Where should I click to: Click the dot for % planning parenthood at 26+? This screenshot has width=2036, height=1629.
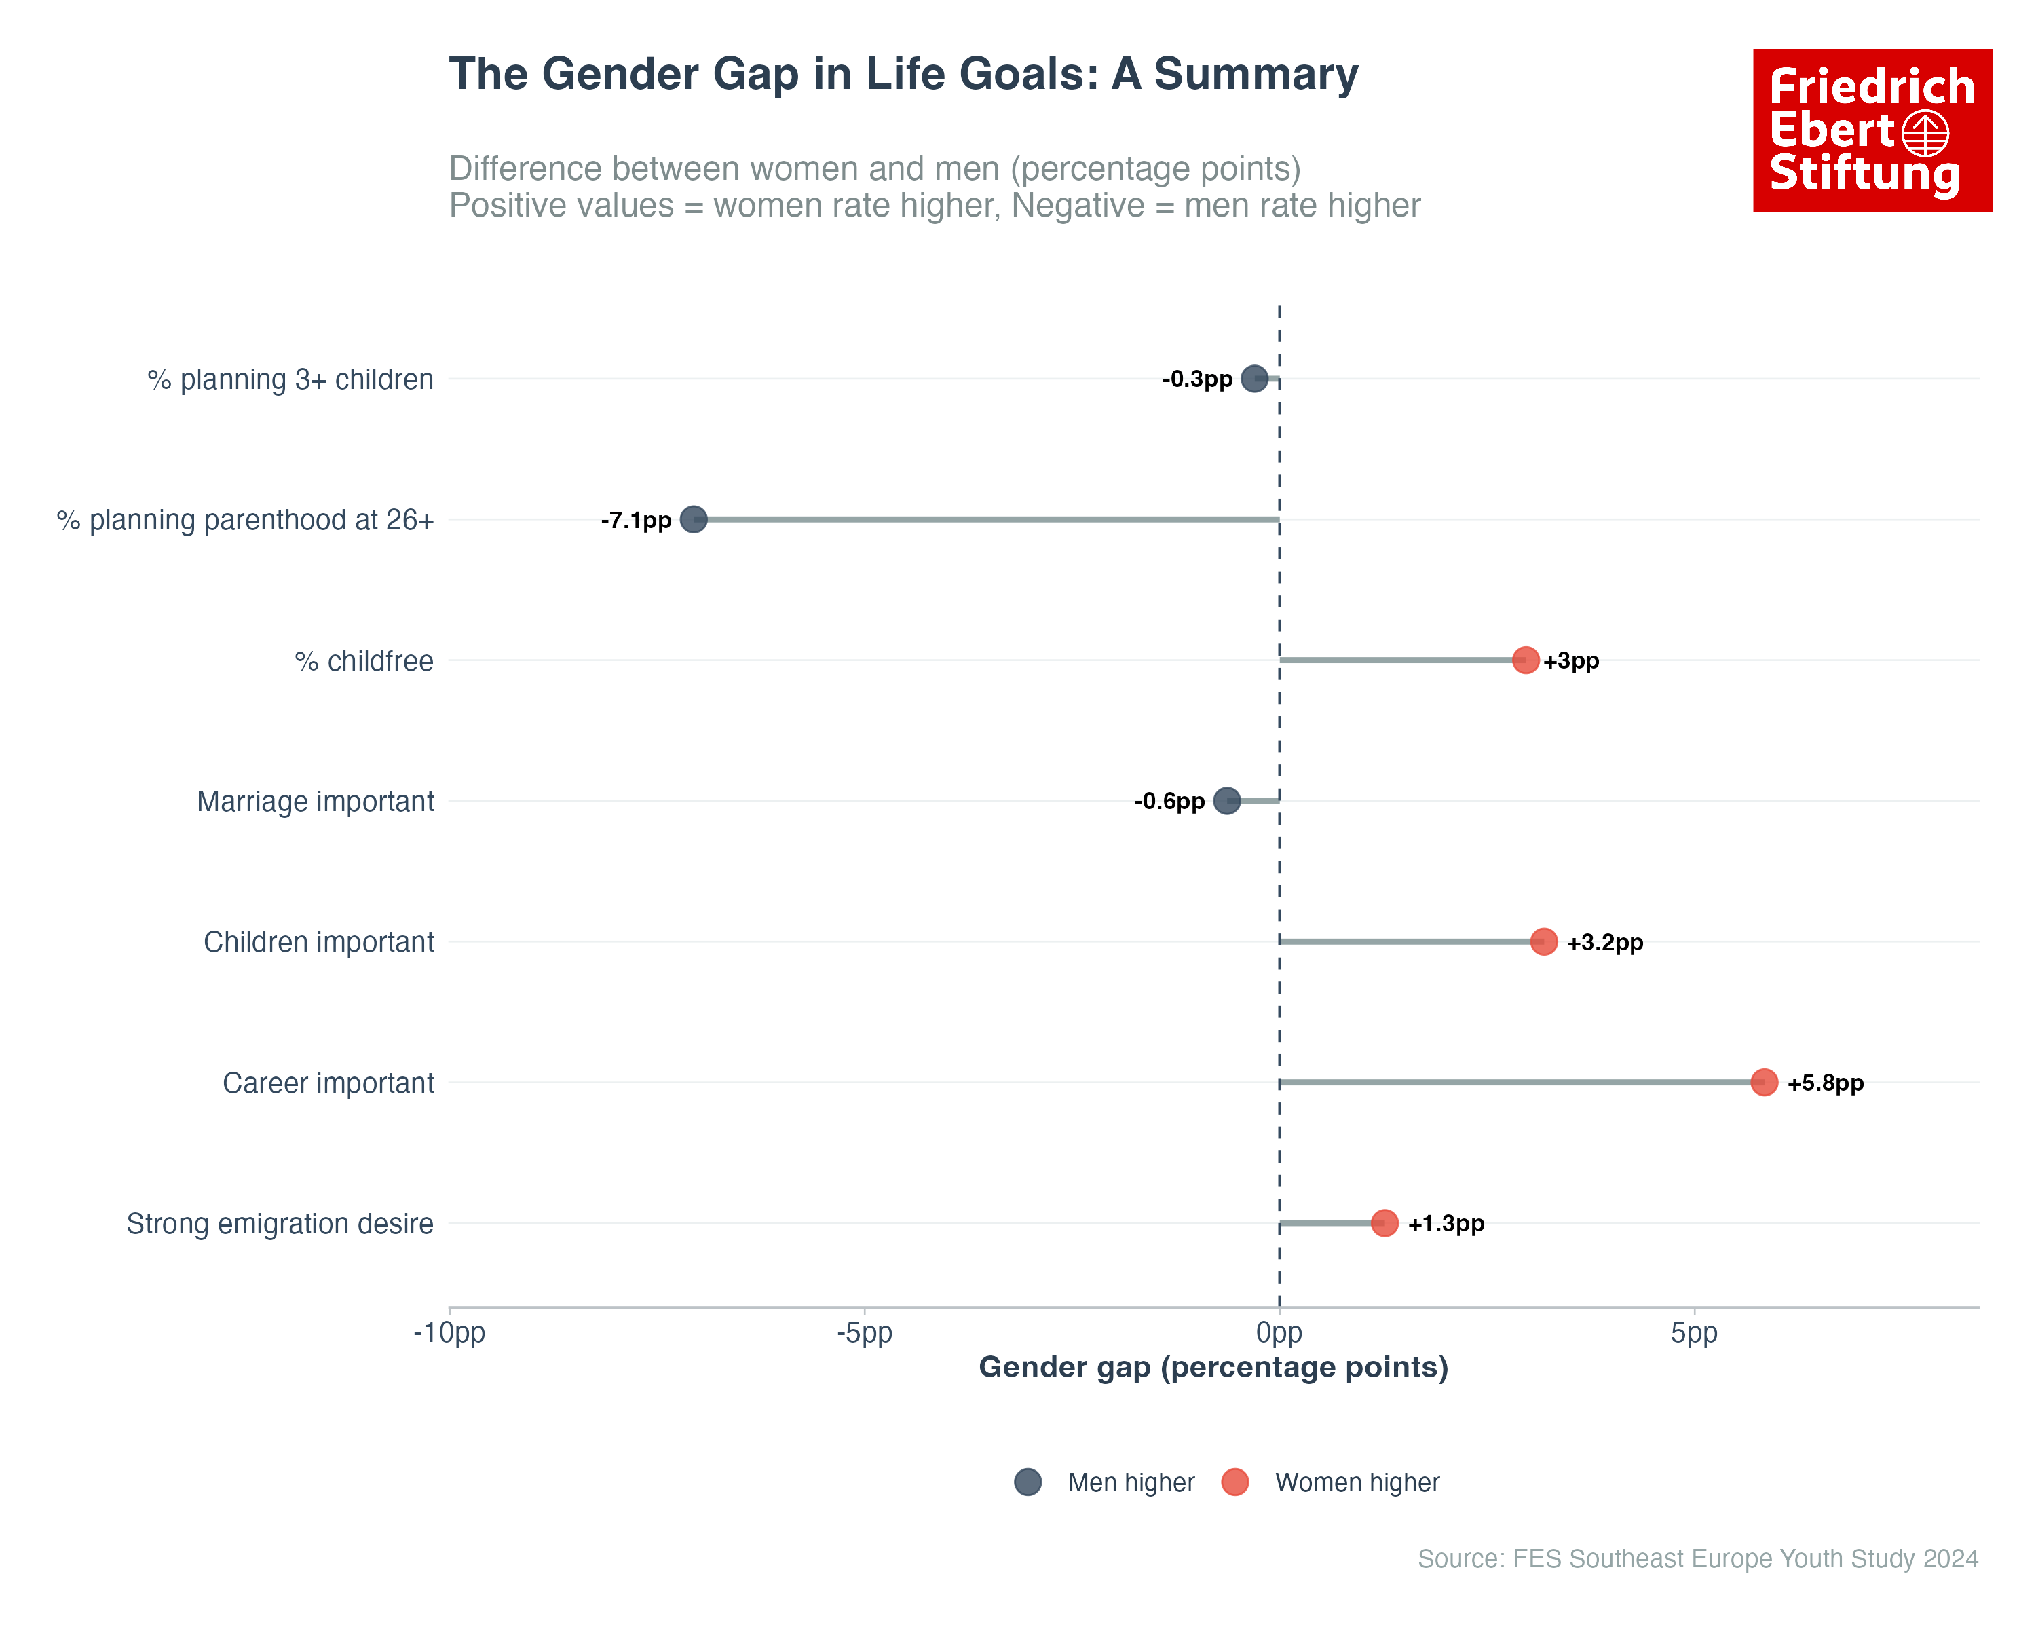pyautogui.click(x=693, y=519)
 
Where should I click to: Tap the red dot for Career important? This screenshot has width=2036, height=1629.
pyautogui.click(x=1763, y=1082)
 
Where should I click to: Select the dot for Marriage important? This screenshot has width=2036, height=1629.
pyautogui.click(x=1226, y=801)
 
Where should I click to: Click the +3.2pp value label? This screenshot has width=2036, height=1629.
pyautogui.click(x=1604, y=943)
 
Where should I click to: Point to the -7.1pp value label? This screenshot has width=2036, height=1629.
pyautogui.click(x=635, y=521)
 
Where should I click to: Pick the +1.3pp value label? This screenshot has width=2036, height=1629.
pyautogui.click(x=1446, y=1224)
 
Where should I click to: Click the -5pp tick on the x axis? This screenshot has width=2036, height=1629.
pyautogui.click(x=864, y=1334)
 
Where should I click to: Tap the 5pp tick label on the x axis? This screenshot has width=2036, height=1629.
pyautogui.click(x=1694, y=1334)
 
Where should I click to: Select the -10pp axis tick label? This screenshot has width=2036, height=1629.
pyautogui.click(x=449, y=1334)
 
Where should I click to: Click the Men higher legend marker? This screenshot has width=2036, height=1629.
pyautogui.click(x=1028, y=1482)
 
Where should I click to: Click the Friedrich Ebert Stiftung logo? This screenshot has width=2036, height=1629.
pyautogui.click(x=1872, y=130)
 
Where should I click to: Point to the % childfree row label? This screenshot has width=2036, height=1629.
pyautogui.click(x=364, y=661)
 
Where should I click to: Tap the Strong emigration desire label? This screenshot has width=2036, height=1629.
pyautogui.click(x=280, y=1224)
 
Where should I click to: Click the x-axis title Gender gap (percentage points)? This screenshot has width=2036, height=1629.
pyautogui.click(x=1213, y=1368)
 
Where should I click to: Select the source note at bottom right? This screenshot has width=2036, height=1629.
pyautogui.click(x=1697, y=1558)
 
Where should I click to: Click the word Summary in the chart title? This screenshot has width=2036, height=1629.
pyautogui.click(x=1256, y=75)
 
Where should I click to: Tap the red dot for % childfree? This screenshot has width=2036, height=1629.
pyautogui.click(x=1525, y=660)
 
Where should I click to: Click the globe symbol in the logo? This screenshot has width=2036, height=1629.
pyautogui.click(x=1925, y=133)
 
